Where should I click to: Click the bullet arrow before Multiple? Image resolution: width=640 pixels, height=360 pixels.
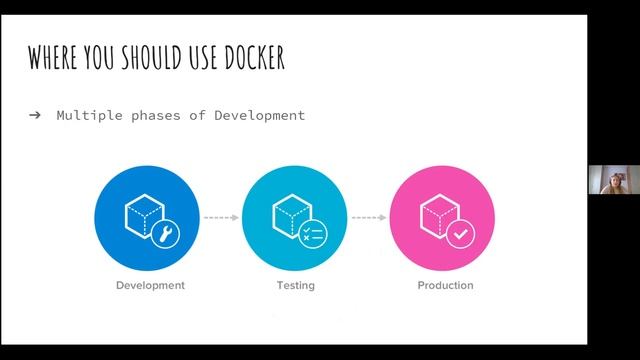tap(35, 115)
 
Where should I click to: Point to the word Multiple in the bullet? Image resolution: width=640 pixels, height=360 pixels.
tap(88, 115)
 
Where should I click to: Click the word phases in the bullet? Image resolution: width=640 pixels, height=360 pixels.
tap(160, 115)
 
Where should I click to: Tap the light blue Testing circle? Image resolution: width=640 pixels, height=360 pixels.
tap(295, 216)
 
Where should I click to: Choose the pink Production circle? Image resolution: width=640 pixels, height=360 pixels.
tap(441, 216)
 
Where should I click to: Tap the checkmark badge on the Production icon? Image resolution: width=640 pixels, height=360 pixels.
tap(459, 234)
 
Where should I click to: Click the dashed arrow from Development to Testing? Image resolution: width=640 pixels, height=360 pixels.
tap(222, 217)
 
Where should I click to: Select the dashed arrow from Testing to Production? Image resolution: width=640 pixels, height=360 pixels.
tap(368, 217)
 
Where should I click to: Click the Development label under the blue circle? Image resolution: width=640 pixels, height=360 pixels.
tap(150, 286)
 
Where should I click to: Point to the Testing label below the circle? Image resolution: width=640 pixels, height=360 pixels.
tap(295, 286)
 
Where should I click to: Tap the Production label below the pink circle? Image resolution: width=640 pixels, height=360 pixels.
tap(445, 286)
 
